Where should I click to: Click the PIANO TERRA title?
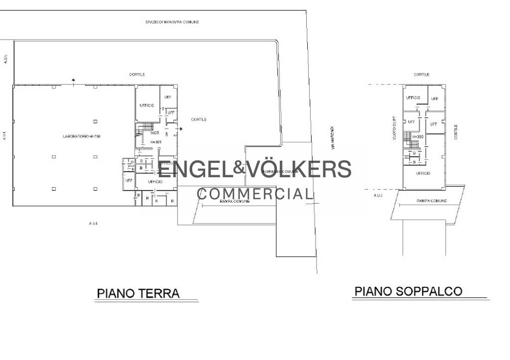click(138, 293)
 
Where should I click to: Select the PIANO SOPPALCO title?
click(408, 291)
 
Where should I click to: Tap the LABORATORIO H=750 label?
click(82, 136)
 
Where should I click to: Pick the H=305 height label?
click(156, 142)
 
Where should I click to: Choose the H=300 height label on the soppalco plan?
click(417, 136)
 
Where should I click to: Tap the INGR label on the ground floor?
click(154, 133)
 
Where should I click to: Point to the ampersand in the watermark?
click(240, 168)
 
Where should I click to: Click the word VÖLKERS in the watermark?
click(299, 170)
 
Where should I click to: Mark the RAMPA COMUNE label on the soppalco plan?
click(431, 201)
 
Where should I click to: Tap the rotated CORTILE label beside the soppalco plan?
click(456, 132)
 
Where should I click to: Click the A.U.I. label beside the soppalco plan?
click(379, 196)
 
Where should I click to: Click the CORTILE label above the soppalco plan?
click(421, 75)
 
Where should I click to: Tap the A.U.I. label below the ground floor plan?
click(93, 223)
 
